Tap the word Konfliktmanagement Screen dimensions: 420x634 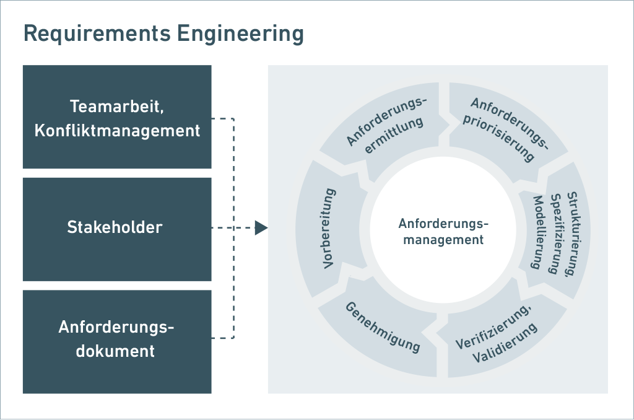pyautogui.click(x=117, y=131)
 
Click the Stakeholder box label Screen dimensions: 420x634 pyautogui.click(x=115, y=227)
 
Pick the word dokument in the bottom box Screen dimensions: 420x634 pyautogui.click(x=115, y=351)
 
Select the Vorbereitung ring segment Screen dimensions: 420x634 pyautogui.click(x=330, y=228)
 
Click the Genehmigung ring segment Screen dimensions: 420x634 pyautogui.click(x=383, y=326)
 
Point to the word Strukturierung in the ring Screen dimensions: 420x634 pyautogui.click(x=573, y=234)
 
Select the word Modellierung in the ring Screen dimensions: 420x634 pyautogui.click(x=538, y=232)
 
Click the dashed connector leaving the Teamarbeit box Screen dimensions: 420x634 pyautogui.click(x=223, y=118)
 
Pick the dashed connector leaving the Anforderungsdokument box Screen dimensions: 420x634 pyautogui.click(x=223, y=338)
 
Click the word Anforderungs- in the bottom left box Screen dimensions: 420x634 pyautogui.click(x=116, y=327)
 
